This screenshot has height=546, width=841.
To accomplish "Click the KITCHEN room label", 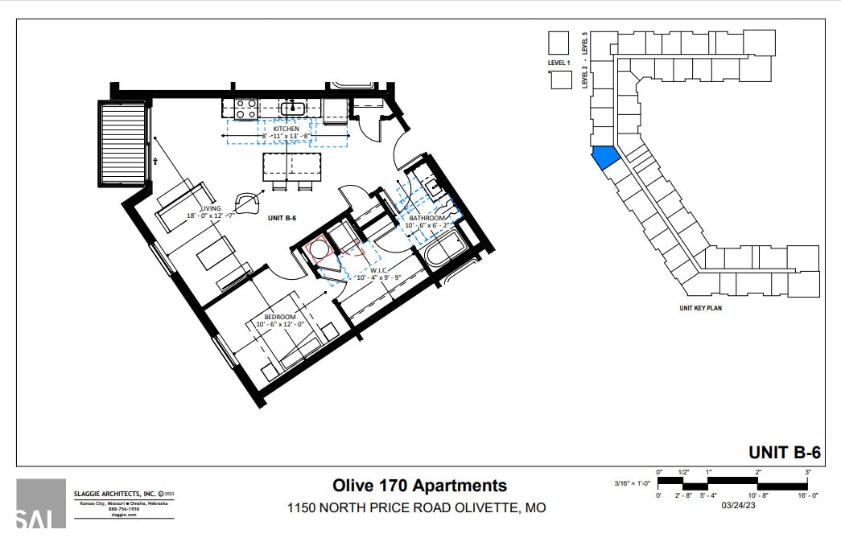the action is [x=286, y=129].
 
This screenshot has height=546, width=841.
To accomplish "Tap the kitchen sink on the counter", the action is [x=293, y=107].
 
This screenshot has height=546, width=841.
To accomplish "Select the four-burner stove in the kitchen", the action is [x=245, y=108].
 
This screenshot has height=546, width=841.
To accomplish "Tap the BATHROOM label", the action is [x=427, y=218].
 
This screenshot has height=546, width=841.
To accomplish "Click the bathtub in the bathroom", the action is [x=450, y=250].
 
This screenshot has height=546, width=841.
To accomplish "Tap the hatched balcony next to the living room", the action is [x=123, y=143].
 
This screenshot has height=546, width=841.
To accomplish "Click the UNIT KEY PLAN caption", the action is [x=700, y=308].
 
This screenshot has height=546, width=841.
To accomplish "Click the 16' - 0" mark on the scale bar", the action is [x=807, y=496].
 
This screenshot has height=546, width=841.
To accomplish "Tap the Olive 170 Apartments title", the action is [x=420, y=486].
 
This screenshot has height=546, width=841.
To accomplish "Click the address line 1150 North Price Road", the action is [x=417, y=508].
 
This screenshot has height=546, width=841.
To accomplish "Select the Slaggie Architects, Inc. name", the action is [x=114, y=493].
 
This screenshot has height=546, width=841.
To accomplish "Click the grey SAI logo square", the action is [x=41, y=503].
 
